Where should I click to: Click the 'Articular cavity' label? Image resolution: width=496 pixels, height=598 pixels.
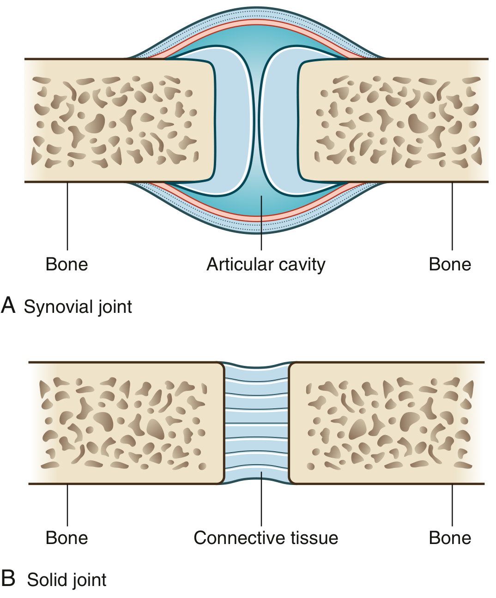[x=266, y=264]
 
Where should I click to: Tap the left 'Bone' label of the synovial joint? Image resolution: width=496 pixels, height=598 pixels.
[x=67, y=264]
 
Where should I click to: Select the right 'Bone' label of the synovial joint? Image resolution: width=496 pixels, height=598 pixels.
[x=450, y=264]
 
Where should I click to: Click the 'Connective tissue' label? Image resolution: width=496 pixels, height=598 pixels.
[x=266, y=538]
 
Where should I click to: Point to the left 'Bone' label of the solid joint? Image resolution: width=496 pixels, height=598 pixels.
[x=67, y=538]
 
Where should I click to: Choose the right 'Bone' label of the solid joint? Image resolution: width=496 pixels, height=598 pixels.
[x=450, y=538]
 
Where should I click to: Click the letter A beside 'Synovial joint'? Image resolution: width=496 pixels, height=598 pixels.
[x=8, y=305]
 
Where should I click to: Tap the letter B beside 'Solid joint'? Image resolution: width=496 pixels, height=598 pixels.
[x=8, y=579]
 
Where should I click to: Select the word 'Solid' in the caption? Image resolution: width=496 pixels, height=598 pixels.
[x=46, y=580]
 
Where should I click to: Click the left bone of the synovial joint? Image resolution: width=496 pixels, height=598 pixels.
[x=115, y=120]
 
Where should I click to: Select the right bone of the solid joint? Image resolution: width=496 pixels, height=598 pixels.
[x=388, y=423]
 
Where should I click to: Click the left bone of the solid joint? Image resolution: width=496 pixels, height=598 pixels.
[x=125, y=423]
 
